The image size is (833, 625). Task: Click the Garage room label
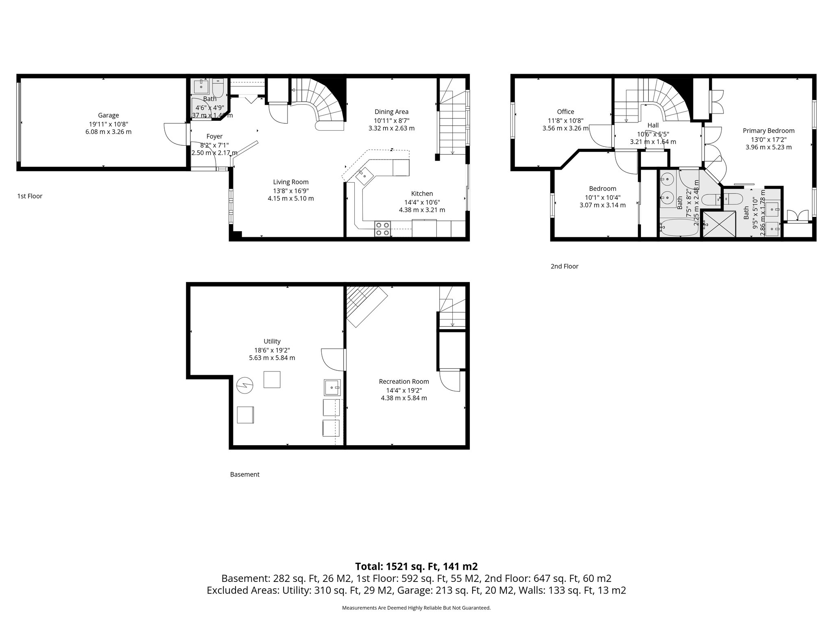click(x=108, y=115)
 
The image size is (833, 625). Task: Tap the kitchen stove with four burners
click(x=382, y=229)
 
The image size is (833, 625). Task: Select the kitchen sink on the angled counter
click(x=364, y=175)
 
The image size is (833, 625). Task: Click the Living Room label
click(x=290, y=182)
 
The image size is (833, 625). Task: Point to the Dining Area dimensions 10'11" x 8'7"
click(x=391, y=120)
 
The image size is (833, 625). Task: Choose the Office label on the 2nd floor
click(x=565, y=111)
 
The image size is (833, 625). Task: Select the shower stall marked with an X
click(x=720, y=223)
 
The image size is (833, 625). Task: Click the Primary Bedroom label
click(x=768, y=131)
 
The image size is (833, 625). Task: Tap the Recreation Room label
click(x=403, y=381)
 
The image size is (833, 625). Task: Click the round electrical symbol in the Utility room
click(x=244, y=385)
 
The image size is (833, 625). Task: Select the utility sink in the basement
click(x=332, y=387)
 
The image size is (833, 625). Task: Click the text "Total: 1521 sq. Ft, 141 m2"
click(x=416, y=566)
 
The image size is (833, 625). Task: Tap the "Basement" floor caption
click(x=244, y=474)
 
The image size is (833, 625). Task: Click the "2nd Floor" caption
click(x=564, y=266)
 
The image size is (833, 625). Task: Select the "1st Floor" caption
click(x=30, y=196)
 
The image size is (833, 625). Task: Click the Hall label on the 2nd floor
click(x=653, y=125)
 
